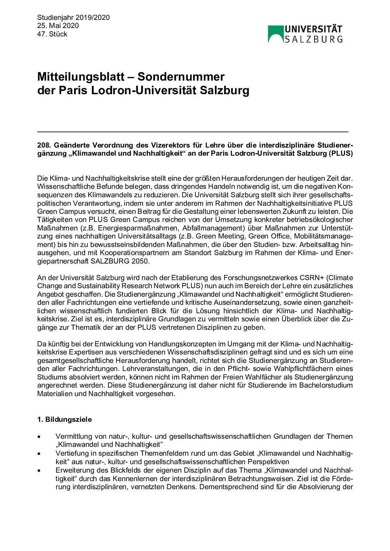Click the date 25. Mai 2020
pyautogui.click(x=58, y=26)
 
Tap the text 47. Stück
pyautogui.click(x=52, y=34)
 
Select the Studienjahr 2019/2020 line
pyautogui.click(x=73, y=18)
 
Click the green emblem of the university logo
pyautogui.click(x=275, y=33)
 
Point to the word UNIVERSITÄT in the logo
pyautogui.click(x=313, y=29)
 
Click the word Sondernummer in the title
pyautogui.click(x=181, y=77)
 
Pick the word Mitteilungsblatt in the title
pyautogui.click(x=81, y=77)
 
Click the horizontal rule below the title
pyautogui.click(x=192, y=131)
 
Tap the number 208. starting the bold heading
pyautogui.click(x=43, y=145)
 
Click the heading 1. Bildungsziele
pyautogui.click(x=65, y=420)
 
